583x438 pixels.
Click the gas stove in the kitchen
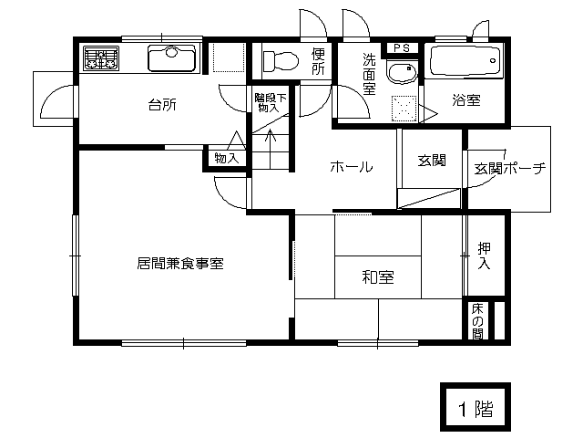[x=101, y=58]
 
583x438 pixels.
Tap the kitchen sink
[x=172, y=58]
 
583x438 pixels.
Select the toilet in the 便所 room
[x=281, y=61]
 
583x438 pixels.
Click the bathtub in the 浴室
[x=465, y=61]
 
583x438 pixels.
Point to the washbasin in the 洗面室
[x=401, y=72]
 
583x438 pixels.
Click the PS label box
[x=402, y=48]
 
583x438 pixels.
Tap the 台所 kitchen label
[x=162, y=105]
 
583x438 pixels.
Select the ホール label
[x=352, y=166]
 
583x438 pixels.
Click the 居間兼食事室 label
[x=180, y=264]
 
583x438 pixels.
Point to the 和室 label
[x=378, y=277]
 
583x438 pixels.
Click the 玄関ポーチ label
[x=510, y=168]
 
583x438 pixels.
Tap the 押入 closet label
[x=484, y=255]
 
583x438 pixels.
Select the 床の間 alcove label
[x=477, y=321]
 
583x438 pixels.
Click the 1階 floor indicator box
[x=476, y=406]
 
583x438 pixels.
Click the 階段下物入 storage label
[x=271, y=103]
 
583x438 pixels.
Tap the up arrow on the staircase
[x=271, y=136]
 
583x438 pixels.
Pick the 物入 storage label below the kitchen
[x=227, y=158]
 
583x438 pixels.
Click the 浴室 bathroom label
[x=466, y=100]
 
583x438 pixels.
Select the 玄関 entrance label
[x=431, y=161]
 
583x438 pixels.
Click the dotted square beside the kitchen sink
[x=229, y=57]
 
